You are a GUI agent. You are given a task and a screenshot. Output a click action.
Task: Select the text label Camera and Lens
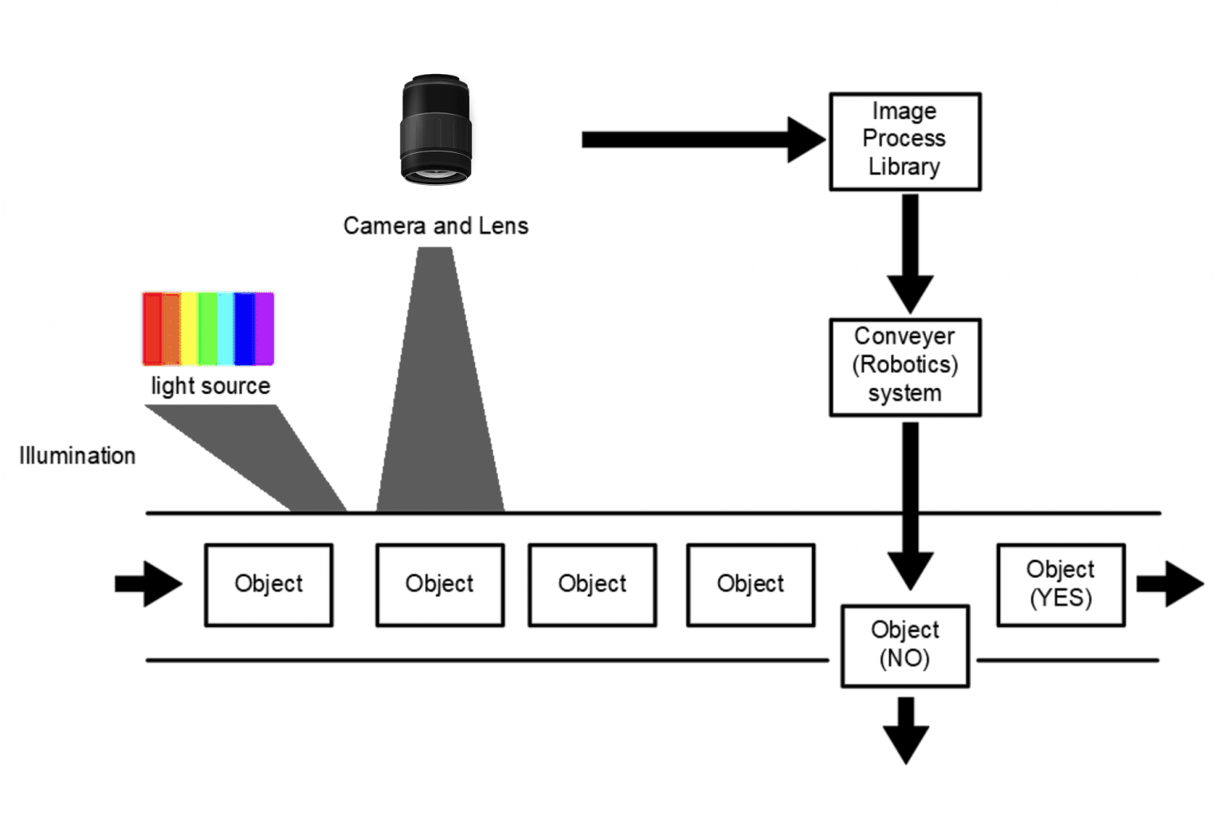(x=435, y=226)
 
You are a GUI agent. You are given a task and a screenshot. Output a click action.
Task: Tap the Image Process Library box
(x=904, y=141)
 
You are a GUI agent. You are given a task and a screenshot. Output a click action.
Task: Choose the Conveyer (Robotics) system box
(x=904, y=367)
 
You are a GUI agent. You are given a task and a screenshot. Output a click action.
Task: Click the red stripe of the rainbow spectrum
(x=151, y=328)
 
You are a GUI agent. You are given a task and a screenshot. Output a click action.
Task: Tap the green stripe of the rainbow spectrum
(x=208, y=328)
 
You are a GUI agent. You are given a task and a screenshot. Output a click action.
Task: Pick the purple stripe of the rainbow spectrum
(x=265, y=328)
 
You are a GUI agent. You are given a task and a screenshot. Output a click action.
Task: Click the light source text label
(x=210, y=386)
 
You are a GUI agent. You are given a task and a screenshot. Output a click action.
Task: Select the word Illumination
(x=77, y=456)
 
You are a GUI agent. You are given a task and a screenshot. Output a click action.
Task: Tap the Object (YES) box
(x=1060, y=584)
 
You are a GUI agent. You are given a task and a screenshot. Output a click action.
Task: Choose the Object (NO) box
(x=904, y=645)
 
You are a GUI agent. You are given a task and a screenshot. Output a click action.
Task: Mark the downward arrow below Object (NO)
(x=905, y=730)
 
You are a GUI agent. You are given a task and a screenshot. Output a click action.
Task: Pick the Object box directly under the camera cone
(x=439, y=584)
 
